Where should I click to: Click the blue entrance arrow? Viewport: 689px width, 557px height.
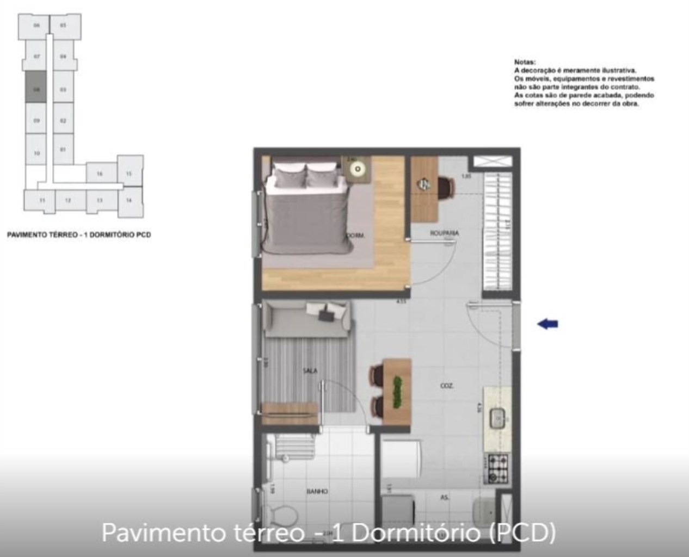click(547, 324)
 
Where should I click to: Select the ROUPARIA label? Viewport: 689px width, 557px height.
click(444, 233)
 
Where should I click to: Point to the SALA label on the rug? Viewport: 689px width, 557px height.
click(310, 371)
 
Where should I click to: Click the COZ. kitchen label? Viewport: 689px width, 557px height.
click(447, 386)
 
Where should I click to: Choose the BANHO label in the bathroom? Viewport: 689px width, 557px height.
click(317, 491)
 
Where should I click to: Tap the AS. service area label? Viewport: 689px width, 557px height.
click(445, 497)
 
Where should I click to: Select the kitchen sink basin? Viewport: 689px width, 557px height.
click(498, 418)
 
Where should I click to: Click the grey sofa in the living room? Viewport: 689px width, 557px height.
click(307, 319)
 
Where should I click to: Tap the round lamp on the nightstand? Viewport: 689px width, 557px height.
click(358, 169)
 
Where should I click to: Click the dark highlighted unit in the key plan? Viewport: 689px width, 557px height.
click(37, 87)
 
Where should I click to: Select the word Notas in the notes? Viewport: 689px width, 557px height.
click(525, 62)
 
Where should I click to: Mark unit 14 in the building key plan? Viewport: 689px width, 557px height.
click(129, 200)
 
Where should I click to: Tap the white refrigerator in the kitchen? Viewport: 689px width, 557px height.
click(400, 460)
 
